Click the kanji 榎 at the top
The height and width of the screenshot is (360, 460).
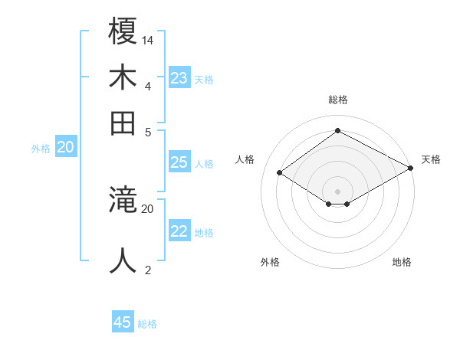tap(123, 32)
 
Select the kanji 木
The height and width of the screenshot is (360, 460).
tap(123, 77)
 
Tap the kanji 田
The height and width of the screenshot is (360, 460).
tap(123, 123)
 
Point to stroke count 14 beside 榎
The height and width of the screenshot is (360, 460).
tap(148, 40)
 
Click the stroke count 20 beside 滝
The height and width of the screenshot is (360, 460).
tap(148, 208)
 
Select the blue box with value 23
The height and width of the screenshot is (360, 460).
tap(179, 77)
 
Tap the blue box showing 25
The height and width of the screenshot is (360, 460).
tap(179, 162)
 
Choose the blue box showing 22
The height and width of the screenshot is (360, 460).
tap(179, 231)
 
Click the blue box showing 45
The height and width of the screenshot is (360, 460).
tap(123, 322)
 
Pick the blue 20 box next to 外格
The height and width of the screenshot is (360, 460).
tap(66, 148)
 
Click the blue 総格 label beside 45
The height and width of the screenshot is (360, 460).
tap(147, 324)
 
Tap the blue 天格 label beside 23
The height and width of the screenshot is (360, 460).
tap(204, 79)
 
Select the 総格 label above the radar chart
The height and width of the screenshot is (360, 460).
tap(338, 100)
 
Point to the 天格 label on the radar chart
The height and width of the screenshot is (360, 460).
tap(431, 159)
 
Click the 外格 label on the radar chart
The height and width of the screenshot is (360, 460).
tap(270, 262)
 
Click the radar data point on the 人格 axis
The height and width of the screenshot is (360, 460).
tap(280, 173)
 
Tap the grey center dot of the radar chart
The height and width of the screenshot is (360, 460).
tap(338, 190)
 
